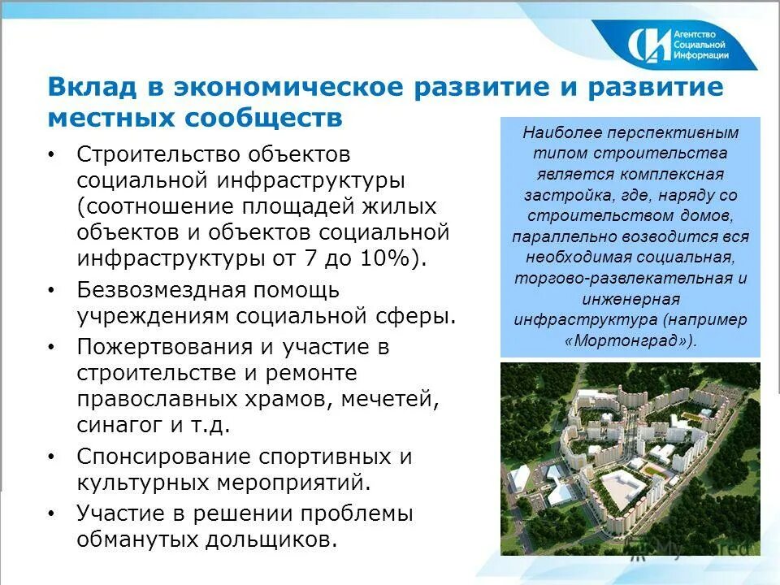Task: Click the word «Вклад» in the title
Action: tap(90, 86)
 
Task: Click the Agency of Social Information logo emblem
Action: tap(648, 45)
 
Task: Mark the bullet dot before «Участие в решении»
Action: tap(53, 514)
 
